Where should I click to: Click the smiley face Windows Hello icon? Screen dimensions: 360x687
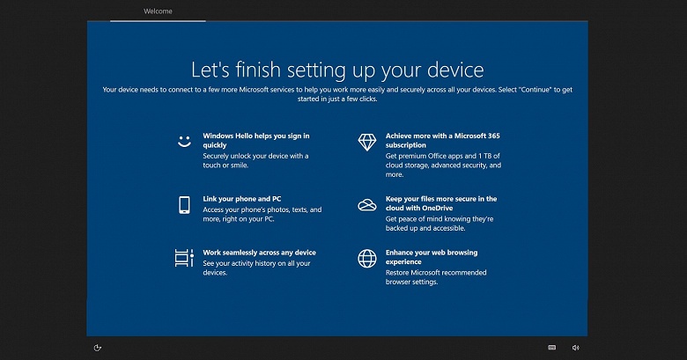[184, 141]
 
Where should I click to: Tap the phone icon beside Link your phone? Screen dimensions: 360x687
[184, 204]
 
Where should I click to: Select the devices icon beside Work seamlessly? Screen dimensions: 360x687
[184, 258]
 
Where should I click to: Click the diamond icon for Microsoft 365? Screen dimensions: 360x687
[366, 141]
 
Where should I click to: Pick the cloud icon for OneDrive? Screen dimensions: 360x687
[366, 205]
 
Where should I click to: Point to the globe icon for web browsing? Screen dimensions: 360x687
[366, 258]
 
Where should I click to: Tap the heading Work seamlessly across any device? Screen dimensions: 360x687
[259, 253]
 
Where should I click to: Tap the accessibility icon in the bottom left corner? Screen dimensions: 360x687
[98, 348]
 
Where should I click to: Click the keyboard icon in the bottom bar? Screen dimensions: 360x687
[552, 348]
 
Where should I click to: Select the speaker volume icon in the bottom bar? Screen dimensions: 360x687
[575, 348]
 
